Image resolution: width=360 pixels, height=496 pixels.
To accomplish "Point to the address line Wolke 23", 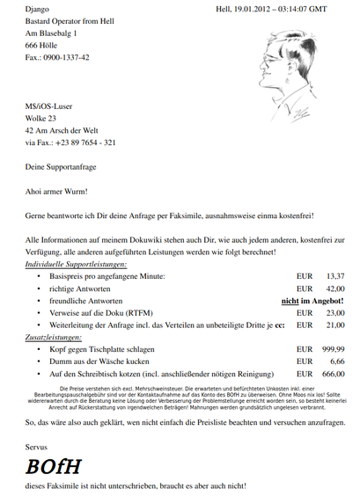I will coord(40,118).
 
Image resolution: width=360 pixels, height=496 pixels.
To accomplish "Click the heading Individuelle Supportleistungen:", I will coord(76,264).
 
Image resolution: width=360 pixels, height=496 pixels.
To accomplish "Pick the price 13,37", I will coord(334,276).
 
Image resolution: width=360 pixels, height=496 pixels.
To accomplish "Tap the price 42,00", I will coord(334,288).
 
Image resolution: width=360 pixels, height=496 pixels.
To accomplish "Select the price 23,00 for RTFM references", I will coord(334,313).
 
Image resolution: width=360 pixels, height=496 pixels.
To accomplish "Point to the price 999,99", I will coord(333,349).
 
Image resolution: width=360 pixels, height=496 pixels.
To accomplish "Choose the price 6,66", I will coord(337,361).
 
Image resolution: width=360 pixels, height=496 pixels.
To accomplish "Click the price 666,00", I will coord(333,374).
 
